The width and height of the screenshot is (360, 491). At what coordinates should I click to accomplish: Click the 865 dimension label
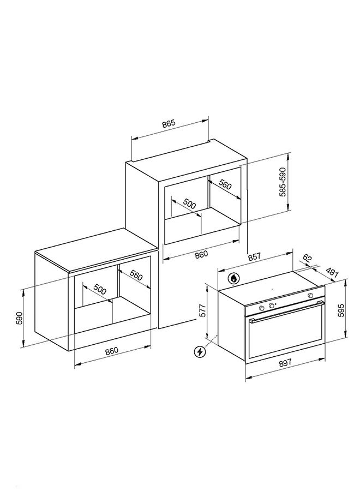point(169,123)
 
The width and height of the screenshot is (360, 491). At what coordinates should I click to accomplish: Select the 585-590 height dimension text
point(283,182)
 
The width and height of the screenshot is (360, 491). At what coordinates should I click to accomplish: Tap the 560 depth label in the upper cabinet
point(225,185)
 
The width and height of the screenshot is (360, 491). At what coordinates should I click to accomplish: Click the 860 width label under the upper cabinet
point(201,254)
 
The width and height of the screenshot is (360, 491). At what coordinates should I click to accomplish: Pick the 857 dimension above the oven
point(255,256)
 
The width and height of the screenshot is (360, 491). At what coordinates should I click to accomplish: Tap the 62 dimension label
point(308,259)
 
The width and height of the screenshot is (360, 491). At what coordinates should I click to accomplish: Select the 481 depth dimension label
point(332,272)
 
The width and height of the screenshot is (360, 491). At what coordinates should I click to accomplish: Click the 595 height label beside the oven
point(341,310)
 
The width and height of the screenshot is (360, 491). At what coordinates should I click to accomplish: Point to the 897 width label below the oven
point(285,362)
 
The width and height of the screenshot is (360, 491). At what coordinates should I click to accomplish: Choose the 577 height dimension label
point(203,310)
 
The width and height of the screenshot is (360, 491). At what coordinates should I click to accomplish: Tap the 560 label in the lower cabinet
point(136,275)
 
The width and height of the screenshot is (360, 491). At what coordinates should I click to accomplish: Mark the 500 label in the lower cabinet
point(100,290)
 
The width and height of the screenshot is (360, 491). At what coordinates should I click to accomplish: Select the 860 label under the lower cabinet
point(112,350)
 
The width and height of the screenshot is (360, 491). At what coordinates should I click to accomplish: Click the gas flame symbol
point(233,278)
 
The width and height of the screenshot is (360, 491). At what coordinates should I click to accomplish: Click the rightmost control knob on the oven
point(310,295)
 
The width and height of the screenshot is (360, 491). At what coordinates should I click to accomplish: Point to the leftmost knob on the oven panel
point(262,308)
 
